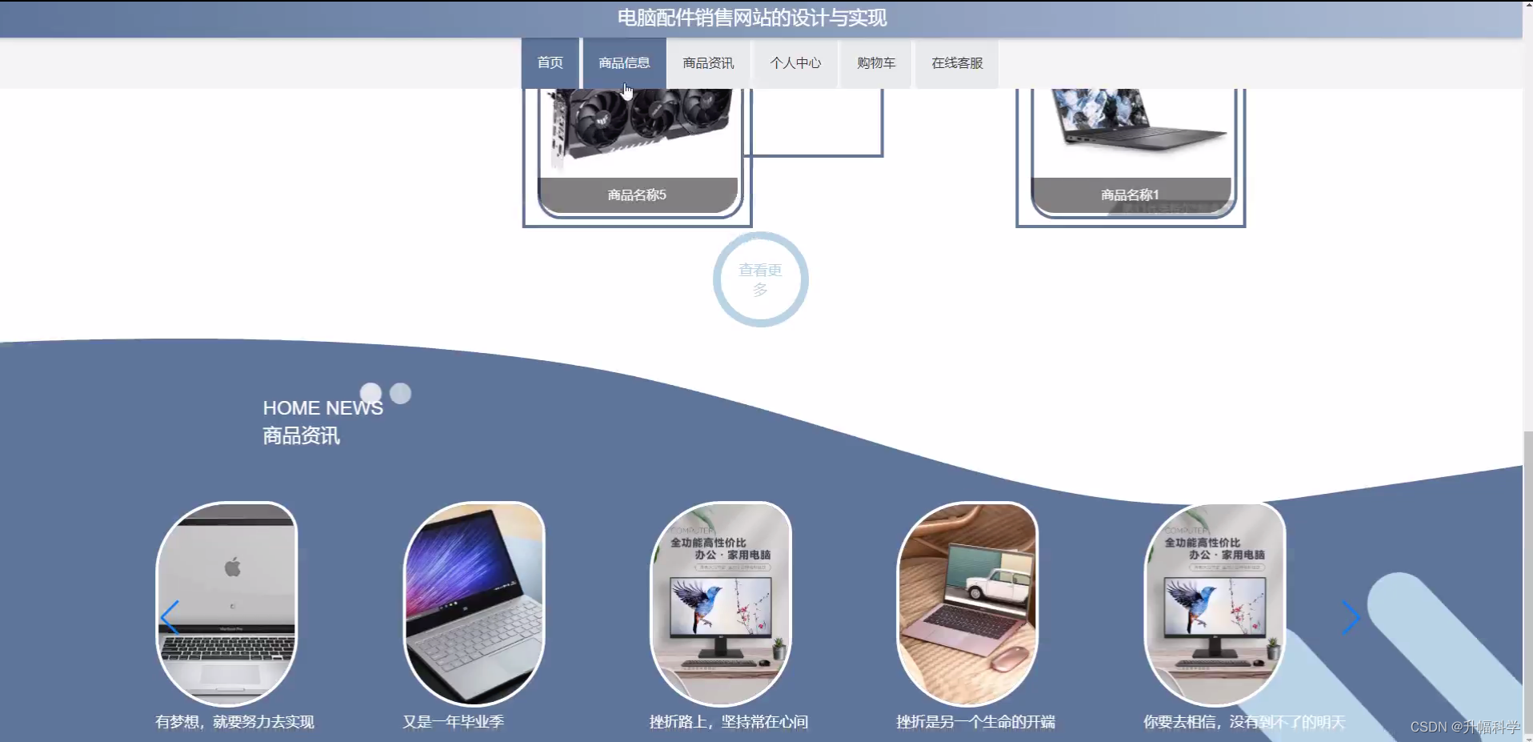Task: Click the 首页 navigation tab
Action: (x=550, y=62)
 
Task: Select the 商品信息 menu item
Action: (x=624, y=62)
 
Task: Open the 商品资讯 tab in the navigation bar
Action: (x=708, y=62)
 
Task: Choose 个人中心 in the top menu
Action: (x=795, y=62)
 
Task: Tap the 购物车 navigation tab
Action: (x=876, y=62)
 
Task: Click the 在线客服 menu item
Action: (x=957, y=62)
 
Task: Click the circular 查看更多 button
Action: (x=760, y=279)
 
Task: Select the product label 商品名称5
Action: (x=637, y=195)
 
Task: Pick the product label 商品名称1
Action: (x=1130, y=195)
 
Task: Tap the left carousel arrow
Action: (x=169, y=617)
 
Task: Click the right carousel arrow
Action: (x=1351, y=617)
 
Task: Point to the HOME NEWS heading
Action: (x=322, y=408)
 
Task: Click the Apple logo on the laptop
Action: (x=233, y=568)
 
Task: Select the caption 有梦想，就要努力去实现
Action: (x=234, y=722)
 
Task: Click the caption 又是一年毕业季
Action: (x=453, y=722)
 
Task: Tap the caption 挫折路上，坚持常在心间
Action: (x=728, y=722)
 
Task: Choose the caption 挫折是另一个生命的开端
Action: (x=975, y=722)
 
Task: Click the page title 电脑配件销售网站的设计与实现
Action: (x=751, y=18)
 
